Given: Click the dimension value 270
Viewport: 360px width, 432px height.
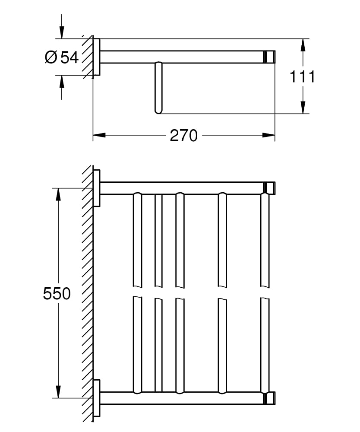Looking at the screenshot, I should coord(183,136).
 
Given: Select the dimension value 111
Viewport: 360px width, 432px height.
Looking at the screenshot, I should coord(302,77).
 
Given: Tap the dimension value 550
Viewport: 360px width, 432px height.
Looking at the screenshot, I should coord(57,294).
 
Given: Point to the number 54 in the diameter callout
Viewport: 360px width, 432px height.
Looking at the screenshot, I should coord(69,57).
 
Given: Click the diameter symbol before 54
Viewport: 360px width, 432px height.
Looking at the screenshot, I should coord(51,57).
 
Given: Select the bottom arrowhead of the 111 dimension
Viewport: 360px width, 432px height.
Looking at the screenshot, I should coord(303,108).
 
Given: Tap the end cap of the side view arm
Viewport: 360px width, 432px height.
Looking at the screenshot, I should coord(270,57).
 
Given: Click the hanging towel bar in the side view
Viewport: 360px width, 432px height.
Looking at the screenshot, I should coord(158,88).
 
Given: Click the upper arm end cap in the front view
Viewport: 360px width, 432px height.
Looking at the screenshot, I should coord(270,188).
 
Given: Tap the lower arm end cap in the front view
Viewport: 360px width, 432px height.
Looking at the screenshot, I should coord(270,398).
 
